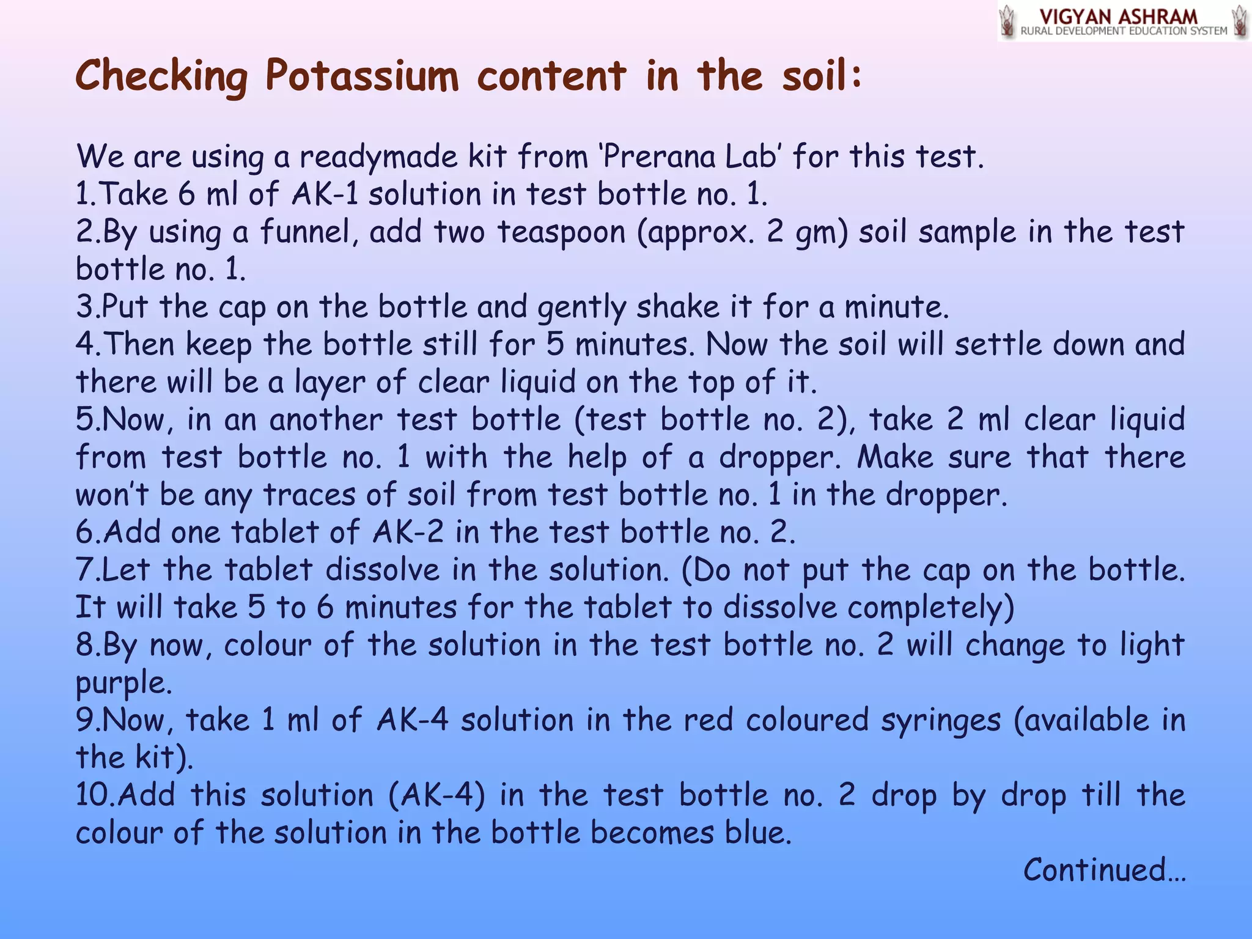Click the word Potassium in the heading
[361, 77]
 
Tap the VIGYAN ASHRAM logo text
[1118, 17]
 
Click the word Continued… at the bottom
[1104, 870]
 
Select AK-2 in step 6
[408, 532]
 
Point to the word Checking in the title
[161, 77]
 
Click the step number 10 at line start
[94, 795]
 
